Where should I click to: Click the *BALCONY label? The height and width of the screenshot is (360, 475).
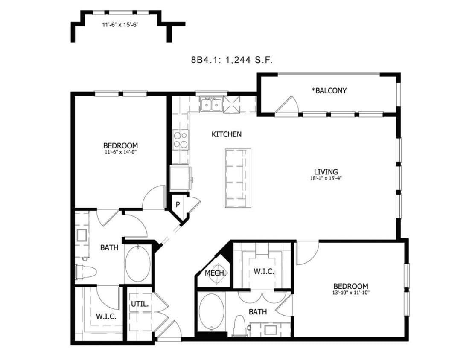(x=329, y=90)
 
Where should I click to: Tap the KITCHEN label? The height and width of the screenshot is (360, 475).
(x=227, y=134)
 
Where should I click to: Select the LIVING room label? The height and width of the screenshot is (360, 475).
(x=326, y=171)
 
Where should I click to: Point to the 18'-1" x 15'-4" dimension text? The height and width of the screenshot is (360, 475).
(x=326, y=178)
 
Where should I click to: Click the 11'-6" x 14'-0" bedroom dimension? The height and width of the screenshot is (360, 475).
(x=120, y=151)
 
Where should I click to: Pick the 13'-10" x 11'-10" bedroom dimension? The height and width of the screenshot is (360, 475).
(x=350, y=293)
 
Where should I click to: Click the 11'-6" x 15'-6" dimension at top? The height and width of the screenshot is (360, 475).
(x=120, y=25)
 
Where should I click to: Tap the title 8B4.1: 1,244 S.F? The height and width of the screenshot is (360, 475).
(x=232, y=60)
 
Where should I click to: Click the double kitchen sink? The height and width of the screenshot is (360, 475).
(x=211, y=104)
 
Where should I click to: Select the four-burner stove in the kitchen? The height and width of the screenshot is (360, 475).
(x=181, y=139)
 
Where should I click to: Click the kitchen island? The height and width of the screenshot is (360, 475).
(x=238, y=178)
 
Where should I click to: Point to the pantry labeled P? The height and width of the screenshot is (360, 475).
(x=177, y=204)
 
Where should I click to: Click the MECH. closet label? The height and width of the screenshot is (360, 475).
(x=215, y=273)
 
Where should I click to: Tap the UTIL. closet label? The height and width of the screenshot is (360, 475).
(x=140, y=305)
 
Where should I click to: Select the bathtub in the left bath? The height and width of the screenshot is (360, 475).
(x=138, y=264)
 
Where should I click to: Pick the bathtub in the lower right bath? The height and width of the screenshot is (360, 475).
(x=210, y=312)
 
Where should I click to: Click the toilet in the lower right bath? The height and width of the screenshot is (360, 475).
(x=240, y=325)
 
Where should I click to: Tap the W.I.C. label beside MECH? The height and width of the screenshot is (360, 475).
(x=263, y=272)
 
